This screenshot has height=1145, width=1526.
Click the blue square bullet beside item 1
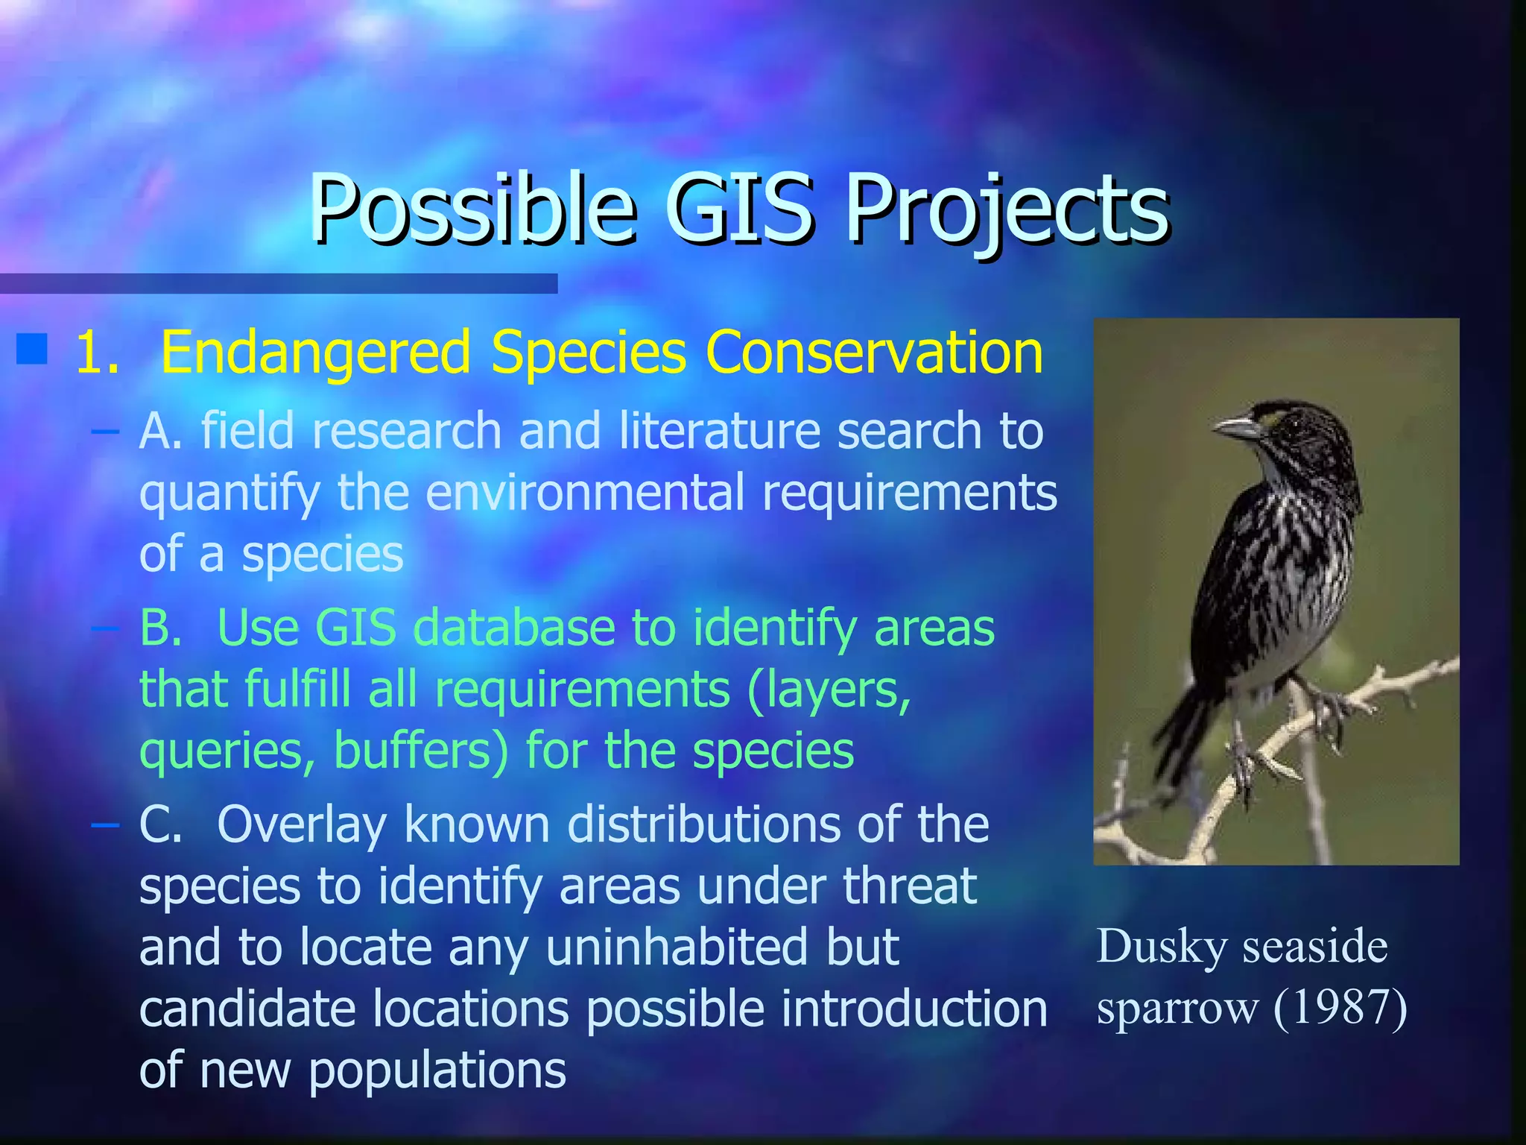[x=32, y=350]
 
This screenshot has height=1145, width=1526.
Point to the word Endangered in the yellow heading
[x=316, y=353]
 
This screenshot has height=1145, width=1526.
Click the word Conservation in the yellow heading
[x=873, y=352]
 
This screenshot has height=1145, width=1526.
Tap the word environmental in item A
[x=585, y=493]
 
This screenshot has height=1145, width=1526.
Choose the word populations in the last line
[x=437, y=1070]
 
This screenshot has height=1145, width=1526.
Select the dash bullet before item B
[x=105, y=628]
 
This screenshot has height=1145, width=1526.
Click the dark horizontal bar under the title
[x=279, y=283]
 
